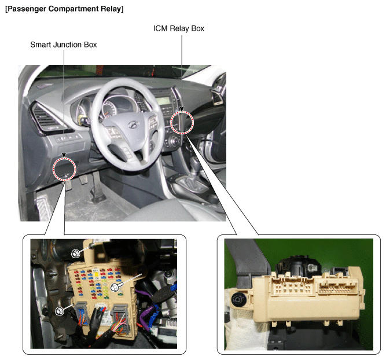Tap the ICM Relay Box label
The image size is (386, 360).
point(179,28)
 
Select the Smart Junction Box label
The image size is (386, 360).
point(64,45)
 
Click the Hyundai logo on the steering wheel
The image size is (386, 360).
point(134,125)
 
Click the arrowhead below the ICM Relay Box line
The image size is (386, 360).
point(182,109)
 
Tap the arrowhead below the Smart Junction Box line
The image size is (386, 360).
point(64,155)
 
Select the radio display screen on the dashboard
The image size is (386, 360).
point(163,101)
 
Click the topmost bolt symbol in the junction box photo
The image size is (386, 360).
point(75,253)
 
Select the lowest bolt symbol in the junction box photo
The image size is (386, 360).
point(59,311)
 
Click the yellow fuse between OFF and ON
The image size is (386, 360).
point(96,274)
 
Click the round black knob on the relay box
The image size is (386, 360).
point(238,299)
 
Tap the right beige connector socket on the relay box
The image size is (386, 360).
point(338,287)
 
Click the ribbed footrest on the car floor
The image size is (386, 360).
point(45,206)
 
